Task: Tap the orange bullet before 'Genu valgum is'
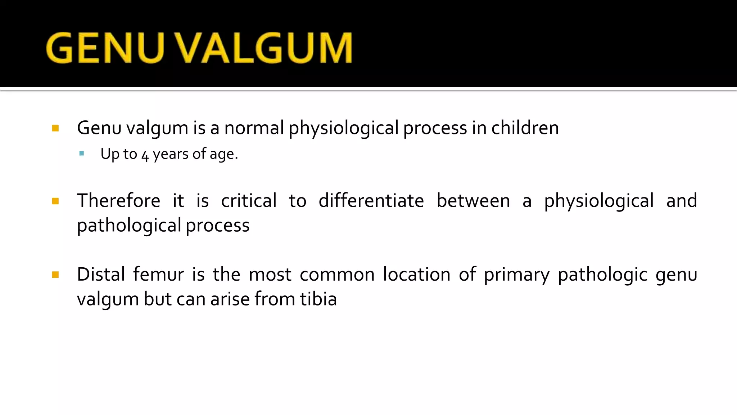(55, 128)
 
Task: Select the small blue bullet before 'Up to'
(82, 154)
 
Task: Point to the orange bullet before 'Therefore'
(55, 201)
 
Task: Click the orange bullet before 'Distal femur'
(55, 275)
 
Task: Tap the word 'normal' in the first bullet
(254, 128)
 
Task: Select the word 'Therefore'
(118, 201)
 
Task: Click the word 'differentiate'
(371, 201)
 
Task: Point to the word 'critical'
(249, 201)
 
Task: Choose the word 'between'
(473, 201)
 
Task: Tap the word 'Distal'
(101, 275)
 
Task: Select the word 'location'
(416, 275)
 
